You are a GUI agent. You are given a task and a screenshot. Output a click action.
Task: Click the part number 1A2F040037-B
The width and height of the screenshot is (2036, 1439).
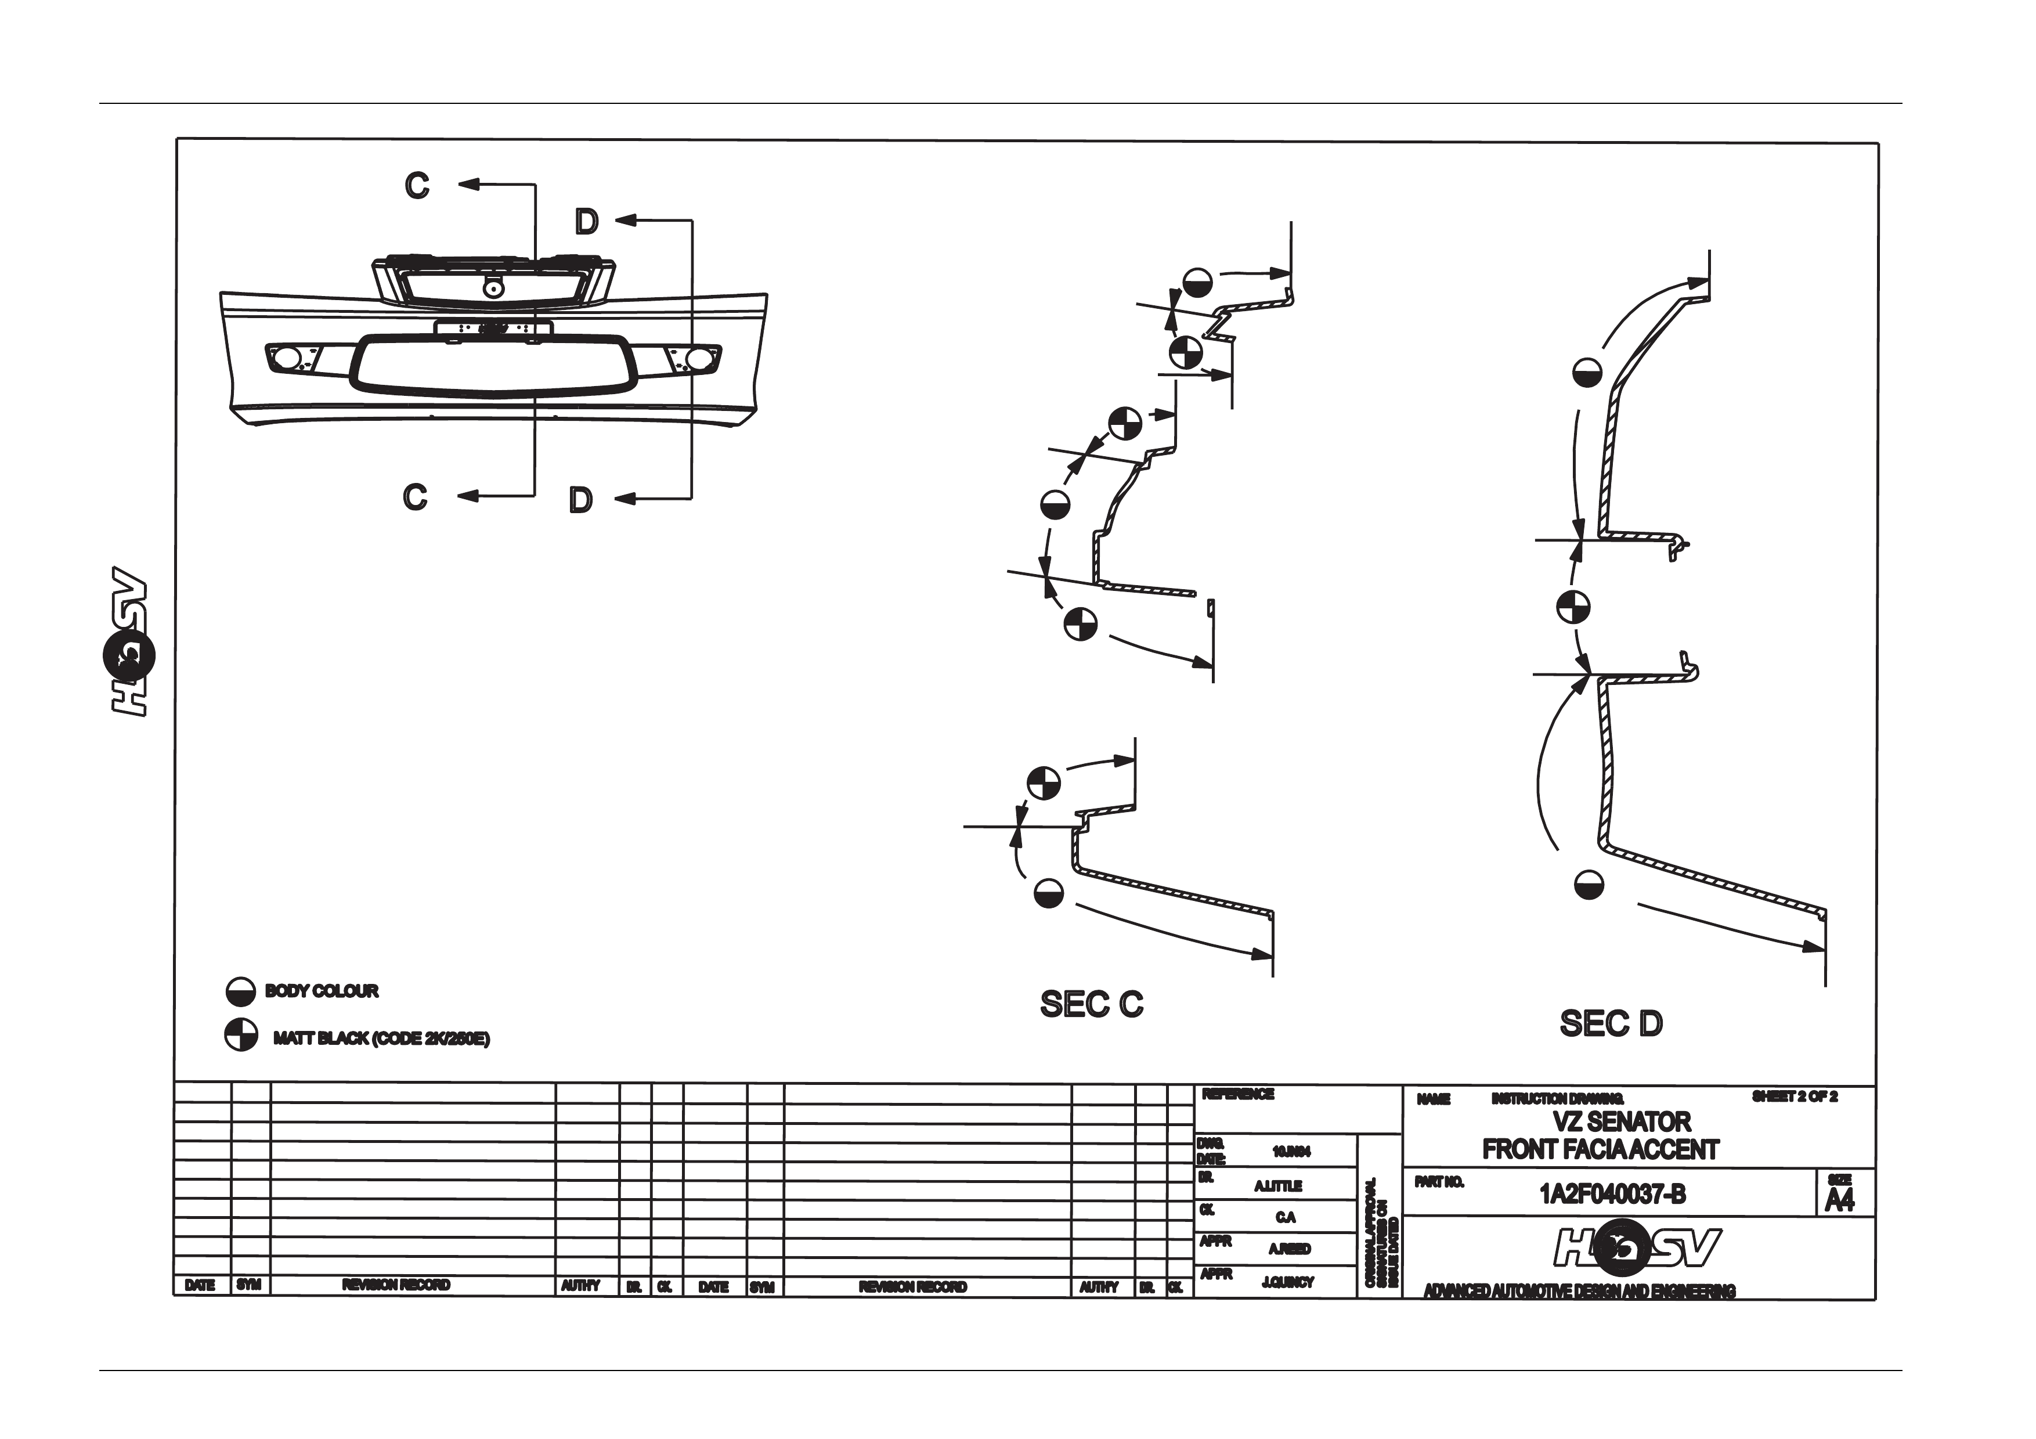[1612, 1194]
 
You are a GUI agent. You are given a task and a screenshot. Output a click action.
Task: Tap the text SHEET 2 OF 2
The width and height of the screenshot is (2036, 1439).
[1794, 1097]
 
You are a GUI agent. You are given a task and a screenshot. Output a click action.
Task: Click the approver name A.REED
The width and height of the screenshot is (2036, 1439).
[1288, 1249]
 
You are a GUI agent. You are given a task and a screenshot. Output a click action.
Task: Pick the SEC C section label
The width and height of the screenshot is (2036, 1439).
[1092, 1005]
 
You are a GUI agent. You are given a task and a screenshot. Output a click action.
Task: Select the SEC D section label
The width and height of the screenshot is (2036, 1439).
[1611, 1024]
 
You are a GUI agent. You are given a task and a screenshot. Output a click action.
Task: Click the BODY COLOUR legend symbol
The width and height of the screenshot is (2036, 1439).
[240, 992]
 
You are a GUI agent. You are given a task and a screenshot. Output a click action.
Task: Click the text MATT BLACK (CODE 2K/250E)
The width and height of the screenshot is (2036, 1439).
[381, 1038]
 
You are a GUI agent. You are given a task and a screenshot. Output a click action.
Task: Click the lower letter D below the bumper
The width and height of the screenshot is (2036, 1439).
[581, 500]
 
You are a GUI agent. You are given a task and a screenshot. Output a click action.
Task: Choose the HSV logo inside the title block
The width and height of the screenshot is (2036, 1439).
[1637, 1249]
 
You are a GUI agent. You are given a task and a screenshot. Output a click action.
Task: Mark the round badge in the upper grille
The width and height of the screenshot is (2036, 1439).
[490, 288]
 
